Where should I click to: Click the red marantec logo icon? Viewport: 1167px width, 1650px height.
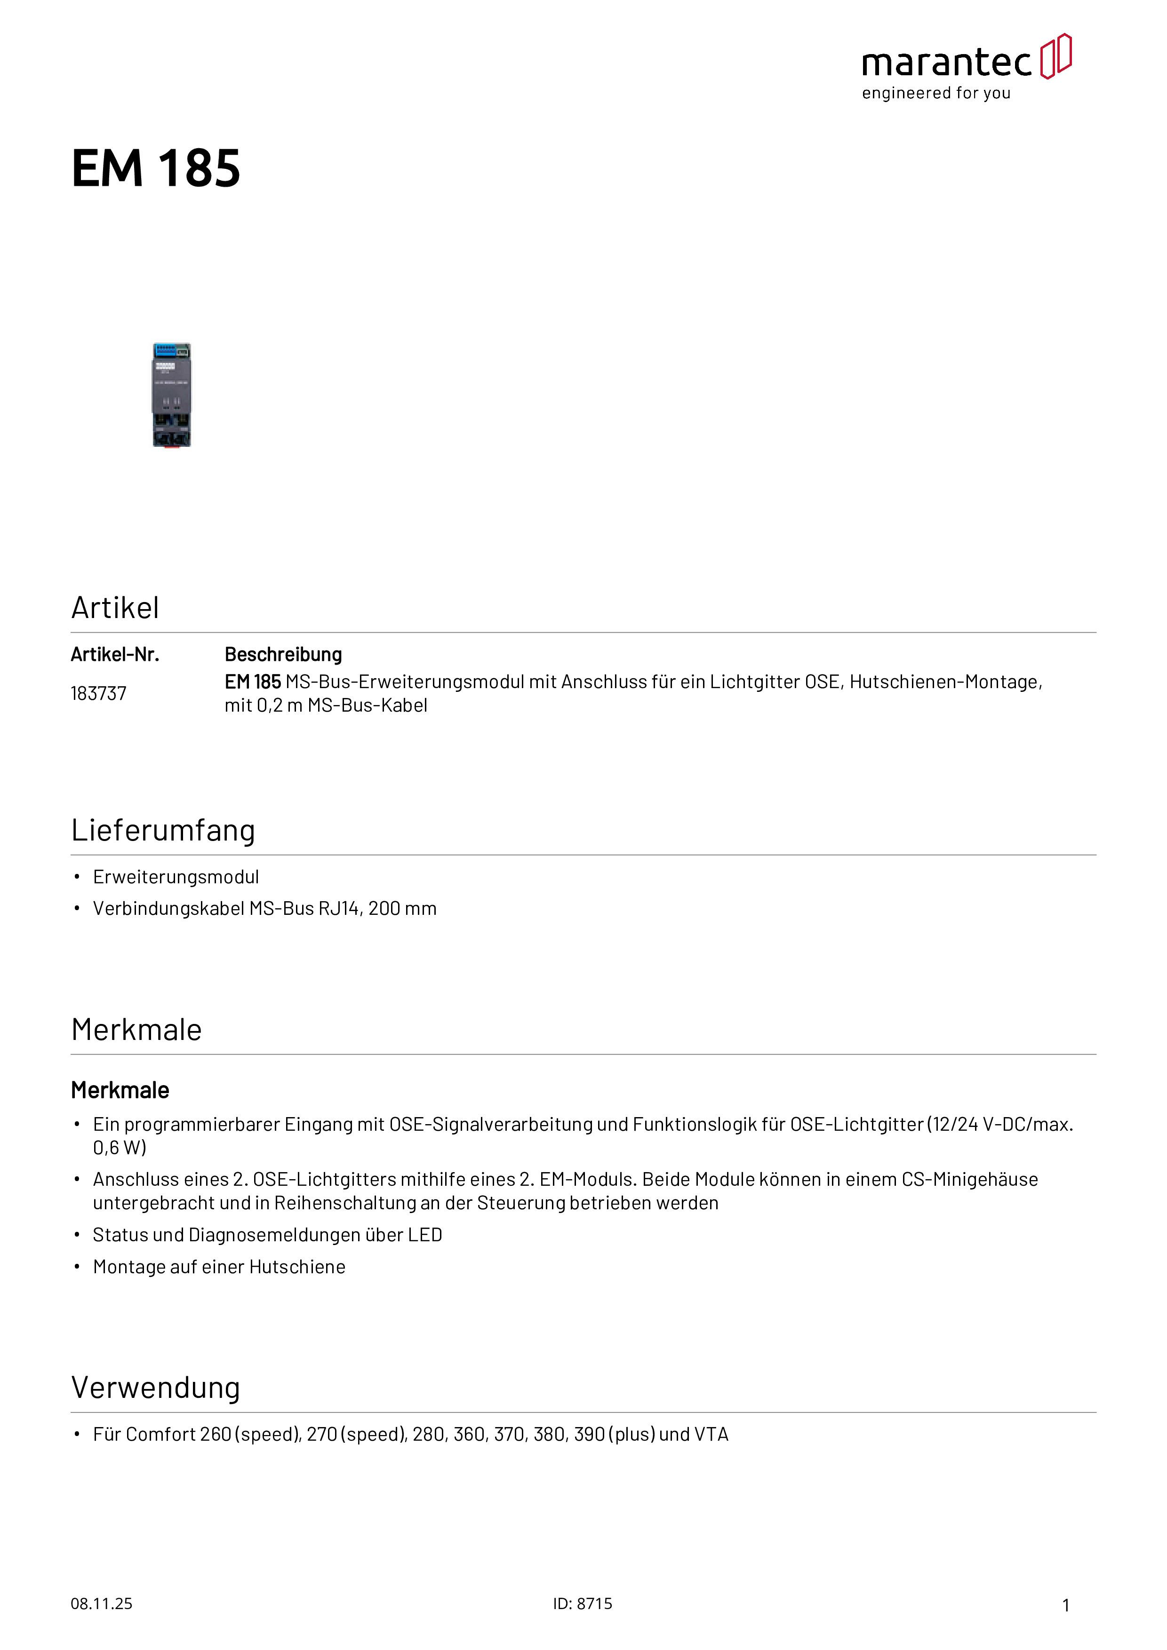(x=1055, y=56)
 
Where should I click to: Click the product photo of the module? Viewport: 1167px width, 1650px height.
(x=172, y=395)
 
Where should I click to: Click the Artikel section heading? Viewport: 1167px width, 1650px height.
(x=115, y=608)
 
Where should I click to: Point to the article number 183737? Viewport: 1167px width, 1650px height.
(x=98, y=693)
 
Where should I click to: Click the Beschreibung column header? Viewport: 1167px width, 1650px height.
(x=283, y=655)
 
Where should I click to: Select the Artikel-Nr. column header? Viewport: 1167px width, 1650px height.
(x=115, y=655)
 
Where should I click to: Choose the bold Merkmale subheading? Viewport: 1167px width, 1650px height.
(x=120, y=1090)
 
